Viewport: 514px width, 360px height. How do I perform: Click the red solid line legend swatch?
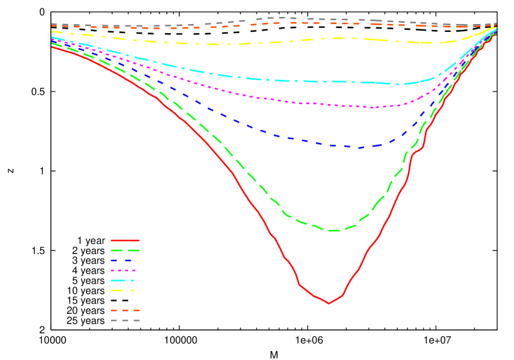click(x=125, y=240)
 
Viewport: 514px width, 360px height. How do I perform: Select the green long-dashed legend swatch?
click(x=125, y=250)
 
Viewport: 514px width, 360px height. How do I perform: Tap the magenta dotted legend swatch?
click(x=123, y=270)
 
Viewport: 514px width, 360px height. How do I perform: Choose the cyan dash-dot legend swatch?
click(x=123, y=280)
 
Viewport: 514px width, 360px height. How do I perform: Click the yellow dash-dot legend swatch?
click(x=123, y=290)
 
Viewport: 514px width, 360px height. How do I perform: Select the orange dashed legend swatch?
click(x=125, y=311)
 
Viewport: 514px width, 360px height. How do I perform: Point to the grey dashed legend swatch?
click(x=125, y=320)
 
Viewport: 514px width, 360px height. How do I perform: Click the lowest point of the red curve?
click(x=328, y=303)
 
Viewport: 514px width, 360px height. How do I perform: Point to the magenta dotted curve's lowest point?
click(x=372, y=107)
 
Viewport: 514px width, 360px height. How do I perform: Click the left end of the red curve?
click(x=53, y=47)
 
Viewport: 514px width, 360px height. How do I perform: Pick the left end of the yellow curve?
click(x=53, y=31)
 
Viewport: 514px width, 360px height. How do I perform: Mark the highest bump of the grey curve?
click(x=279, y=18)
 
